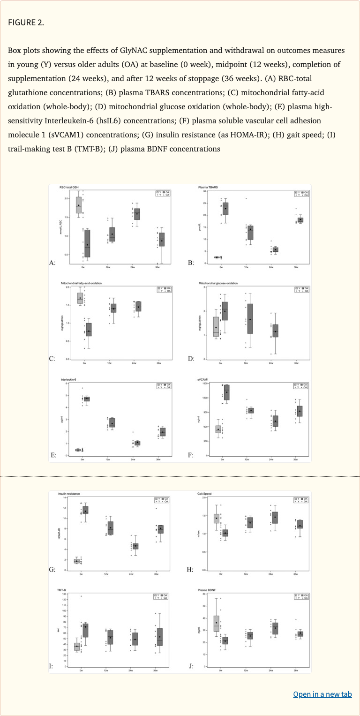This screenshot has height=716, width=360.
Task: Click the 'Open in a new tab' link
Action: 322,694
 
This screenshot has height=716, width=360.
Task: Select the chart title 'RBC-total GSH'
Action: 69,187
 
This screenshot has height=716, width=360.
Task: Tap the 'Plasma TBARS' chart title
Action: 208,187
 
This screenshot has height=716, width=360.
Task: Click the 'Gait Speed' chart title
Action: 205,494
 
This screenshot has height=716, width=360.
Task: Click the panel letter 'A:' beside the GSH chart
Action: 52,263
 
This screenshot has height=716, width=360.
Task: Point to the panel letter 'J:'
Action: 191,665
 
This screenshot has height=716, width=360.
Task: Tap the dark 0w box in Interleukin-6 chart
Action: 87,399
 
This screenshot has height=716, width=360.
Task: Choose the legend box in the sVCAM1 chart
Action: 301,386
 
